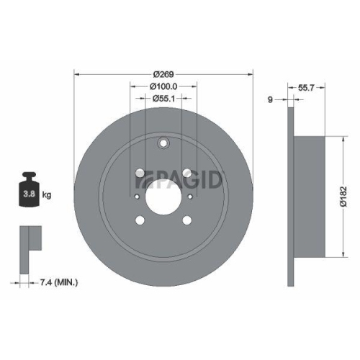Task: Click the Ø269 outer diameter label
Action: (163, 73)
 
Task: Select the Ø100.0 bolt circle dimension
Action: (163, 86)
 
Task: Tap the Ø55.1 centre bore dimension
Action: (163, 99)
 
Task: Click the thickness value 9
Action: (270, 99)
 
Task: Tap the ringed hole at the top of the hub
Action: (163, 143)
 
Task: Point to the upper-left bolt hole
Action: (138, 172)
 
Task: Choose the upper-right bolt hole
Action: (189, 172)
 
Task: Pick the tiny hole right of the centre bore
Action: (190, 194)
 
